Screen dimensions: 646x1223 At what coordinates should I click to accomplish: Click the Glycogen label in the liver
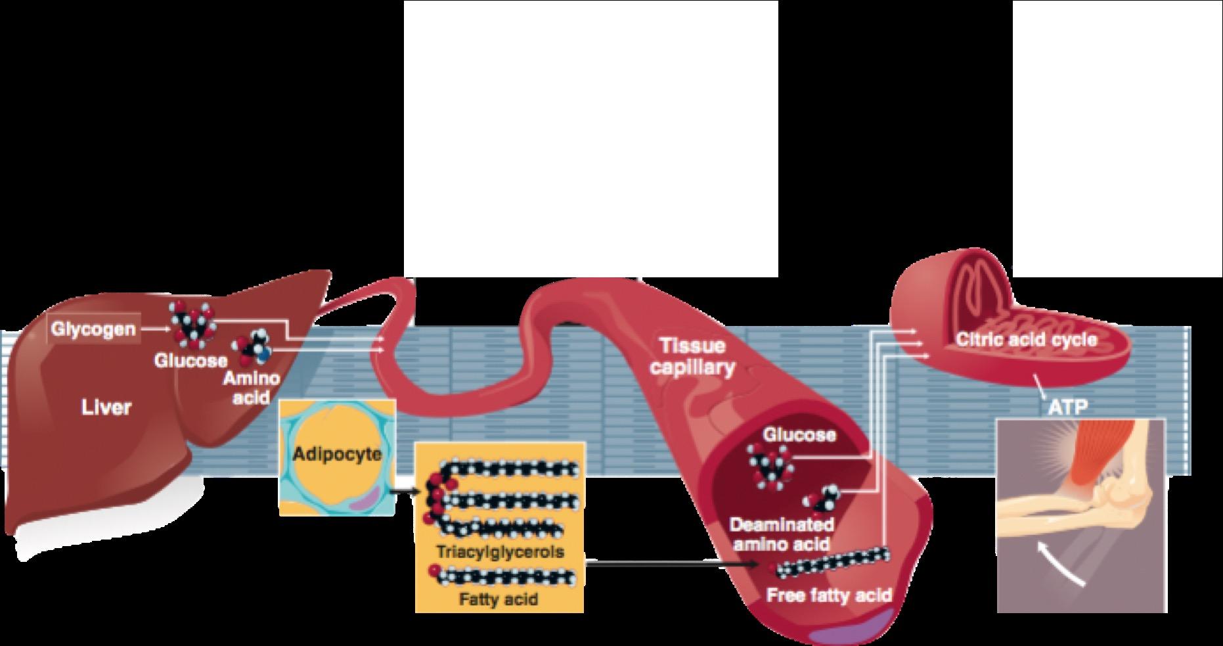pyautogui.click(x=93, y=329)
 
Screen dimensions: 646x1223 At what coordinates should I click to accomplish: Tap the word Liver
pyautogui.click(x=106, y=408)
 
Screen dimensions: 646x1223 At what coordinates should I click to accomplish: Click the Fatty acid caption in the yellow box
pyautogui.click(x=499, y=599)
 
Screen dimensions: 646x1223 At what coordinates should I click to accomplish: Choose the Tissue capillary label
pyautogui.click(x=692, y=356)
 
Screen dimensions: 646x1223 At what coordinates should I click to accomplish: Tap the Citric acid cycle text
pyautogui.click(x=1026, y=340)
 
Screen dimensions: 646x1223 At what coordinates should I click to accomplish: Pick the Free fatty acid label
pyautogui.click(x=830, y=595)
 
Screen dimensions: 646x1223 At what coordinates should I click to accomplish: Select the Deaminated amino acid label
pyautogui.click(x=782, y=534)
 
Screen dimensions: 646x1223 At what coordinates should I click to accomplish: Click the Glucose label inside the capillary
pyautogui.click(x=799, y=434)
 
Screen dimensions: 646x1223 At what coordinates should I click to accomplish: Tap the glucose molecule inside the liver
pyautogui.click(x=191, y=324)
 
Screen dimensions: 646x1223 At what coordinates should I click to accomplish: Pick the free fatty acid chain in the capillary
pyautogui.click(x=831, y=562)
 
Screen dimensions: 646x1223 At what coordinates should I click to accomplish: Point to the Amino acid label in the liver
pyautogui.click(x=252, y=387)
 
